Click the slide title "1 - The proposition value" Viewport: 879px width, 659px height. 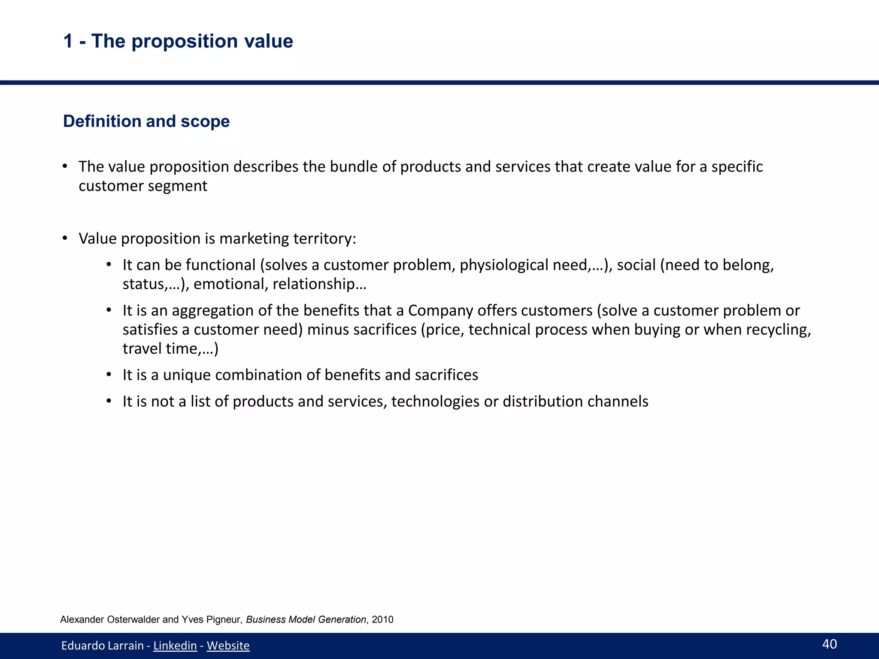[x=178, y=41]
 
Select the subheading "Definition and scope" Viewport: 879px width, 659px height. [x=146, y=121]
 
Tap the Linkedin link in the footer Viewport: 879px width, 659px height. [x=175, y=645]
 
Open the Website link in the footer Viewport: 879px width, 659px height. [x=228, y=645]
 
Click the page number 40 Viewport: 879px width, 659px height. [x=829, y=644]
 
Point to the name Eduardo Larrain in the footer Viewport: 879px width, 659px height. [x=102, y=645]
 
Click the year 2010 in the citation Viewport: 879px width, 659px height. [x=382, y=620]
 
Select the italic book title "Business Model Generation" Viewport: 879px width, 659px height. [x=306, y=620]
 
